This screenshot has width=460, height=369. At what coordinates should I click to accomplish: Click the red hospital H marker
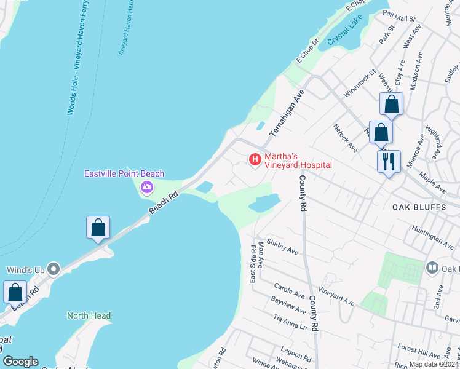coord(254,160)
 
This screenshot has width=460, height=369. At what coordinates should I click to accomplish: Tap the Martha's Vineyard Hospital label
coord(298,161)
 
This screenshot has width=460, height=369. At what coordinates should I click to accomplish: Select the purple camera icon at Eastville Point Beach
coord(147,187)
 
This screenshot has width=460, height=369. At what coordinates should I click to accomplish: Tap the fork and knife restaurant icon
coord(389,162)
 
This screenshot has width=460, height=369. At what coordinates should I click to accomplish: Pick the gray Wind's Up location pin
coord(54,269)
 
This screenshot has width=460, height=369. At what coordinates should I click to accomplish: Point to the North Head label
coord(89,316)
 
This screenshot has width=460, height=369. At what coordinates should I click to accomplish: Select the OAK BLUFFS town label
coord(419,207)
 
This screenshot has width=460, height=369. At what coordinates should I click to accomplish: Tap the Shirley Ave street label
coord(282,247)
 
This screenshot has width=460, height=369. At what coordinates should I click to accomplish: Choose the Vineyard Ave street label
coord(336,295)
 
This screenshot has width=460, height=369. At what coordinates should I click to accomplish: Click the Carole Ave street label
coord(290,288)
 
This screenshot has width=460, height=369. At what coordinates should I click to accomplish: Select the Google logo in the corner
coord(20,362)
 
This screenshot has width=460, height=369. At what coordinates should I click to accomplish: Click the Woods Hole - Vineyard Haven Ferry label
coord(81,58)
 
